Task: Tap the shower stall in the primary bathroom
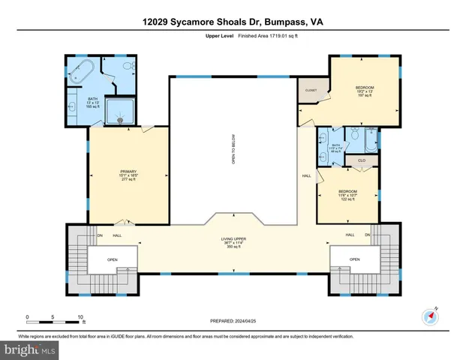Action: [x=118, y=112]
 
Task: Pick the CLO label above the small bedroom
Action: [x=361, y=160]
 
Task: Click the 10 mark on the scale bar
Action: [x=80, y=316]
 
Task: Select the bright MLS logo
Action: [x=28, y=349]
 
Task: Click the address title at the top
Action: [x=233, y=22]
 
